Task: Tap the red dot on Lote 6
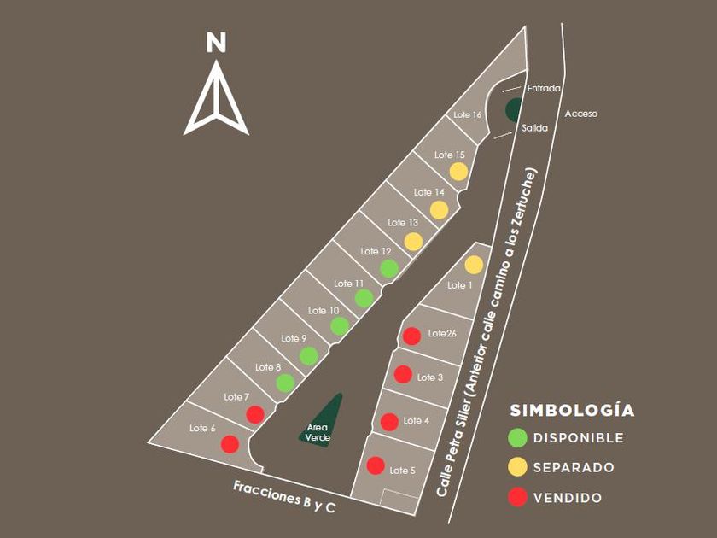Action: pos(230,444)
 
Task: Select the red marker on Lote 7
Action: pos(254,414)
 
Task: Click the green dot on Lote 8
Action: pos(285,383)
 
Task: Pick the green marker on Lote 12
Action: pos(389,268)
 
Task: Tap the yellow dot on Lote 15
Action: pos(458,171)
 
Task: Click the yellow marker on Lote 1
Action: pos(474,265)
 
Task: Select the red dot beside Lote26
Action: pos(411,336)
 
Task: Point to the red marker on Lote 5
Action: pos(376,465)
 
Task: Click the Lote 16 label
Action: pos(467,114)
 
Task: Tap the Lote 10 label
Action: pos(324,310)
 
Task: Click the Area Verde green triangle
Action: pos(324,422)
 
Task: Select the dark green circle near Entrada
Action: pos(514,109)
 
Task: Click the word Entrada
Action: pos(544,88)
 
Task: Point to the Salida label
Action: pos(534,128)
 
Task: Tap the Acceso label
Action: pos(581,114)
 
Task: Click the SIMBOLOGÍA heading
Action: pos(572,410)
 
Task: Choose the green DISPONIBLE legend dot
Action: pos(517,438)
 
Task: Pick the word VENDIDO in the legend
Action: pos(568,498)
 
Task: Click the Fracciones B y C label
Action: pos(283,496)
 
